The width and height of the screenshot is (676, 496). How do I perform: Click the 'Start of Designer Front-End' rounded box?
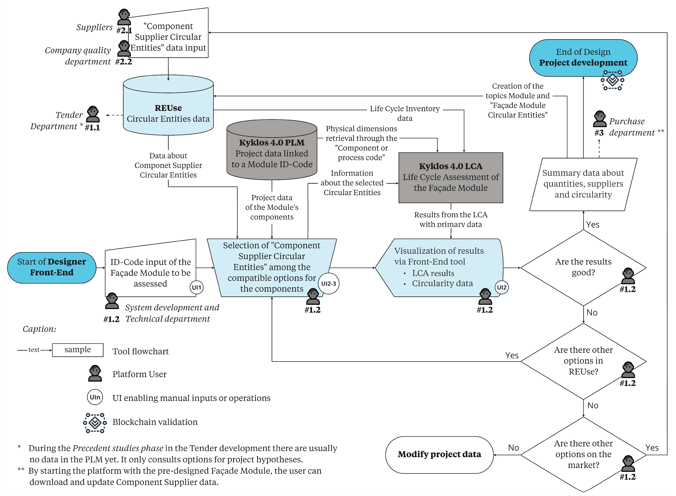[x=52, y=268]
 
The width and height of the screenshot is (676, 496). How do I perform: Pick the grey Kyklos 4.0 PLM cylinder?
[x=272, y=150]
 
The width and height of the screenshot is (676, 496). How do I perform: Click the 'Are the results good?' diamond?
[x=583, y=268]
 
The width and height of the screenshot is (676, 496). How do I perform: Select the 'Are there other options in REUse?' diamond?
[x=583, y=361]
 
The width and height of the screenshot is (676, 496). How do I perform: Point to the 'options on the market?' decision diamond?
[x=583, y=455]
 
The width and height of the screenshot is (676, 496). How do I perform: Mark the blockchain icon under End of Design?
[x=612, y=80]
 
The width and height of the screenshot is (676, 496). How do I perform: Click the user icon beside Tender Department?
[x=93, y=114]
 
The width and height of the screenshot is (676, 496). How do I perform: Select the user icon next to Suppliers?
[x=124, y=17]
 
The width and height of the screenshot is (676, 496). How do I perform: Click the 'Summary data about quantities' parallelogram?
[x=583, y=184]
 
